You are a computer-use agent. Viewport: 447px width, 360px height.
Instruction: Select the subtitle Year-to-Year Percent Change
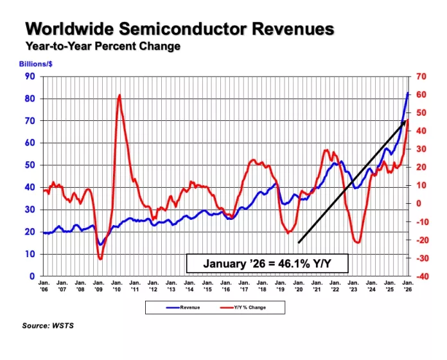[103, 46]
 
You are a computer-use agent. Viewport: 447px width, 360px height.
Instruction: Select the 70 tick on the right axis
[421, 76]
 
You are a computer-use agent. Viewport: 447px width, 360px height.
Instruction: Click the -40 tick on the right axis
[421, 276]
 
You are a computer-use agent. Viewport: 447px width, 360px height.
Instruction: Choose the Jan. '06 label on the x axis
[44, 286]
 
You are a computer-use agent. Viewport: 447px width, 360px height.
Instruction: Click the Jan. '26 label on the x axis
[408, 286]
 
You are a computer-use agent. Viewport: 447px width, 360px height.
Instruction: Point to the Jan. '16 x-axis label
[226, 286]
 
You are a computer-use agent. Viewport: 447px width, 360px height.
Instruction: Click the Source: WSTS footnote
[48, 327]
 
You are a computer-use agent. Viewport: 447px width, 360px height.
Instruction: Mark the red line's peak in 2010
[119, 96]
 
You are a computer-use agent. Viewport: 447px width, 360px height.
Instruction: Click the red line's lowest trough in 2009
[100, 258]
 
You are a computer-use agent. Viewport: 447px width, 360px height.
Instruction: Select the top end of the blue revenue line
[408, 93]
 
